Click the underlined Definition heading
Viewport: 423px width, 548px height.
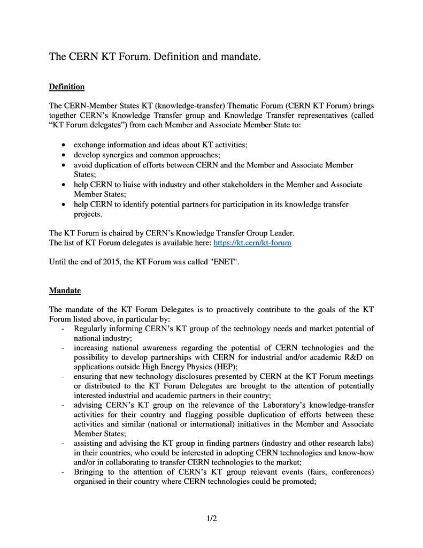tap(66, 87)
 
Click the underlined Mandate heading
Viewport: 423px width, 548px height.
tap(65, 291)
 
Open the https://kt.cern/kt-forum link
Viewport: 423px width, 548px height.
tap(252, 243)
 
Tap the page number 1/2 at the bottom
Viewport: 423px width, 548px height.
tap(211, 518)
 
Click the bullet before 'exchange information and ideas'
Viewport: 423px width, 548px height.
tap(64, 145)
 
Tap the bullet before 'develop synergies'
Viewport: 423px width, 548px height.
tap(64, 155)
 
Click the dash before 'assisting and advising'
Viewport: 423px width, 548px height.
tap(64, 443)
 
